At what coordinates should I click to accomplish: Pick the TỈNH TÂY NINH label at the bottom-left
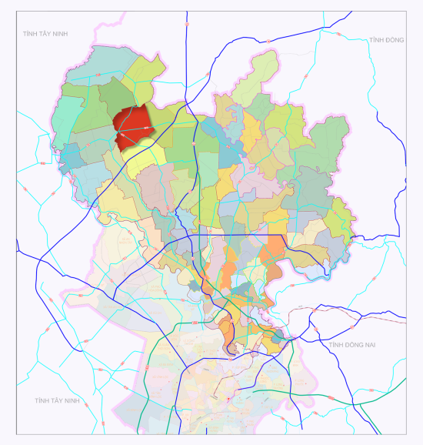click(57, 401)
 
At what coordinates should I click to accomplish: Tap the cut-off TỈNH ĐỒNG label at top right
click(385, 40)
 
